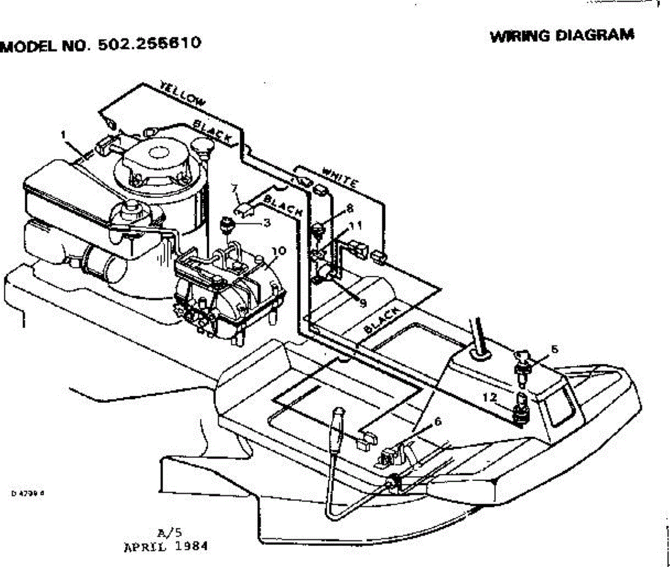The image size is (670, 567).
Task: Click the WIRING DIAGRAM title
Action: tap(562, 36)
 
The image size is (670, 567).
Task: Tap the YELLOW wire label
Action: tap(182, 93)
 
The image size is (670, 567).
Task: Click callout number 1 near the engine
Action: tap(64, 134)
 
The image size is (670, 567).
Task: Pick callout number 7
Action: tap(235, 189)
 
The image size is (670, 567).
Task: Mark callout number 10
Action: tap(279, 252)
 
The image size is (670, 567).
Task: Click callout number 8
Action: tap(350, 208)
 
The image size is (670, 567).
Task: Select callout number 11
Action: tap(355, 225)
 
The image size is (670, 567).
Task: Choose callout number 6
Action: tap(437, 422)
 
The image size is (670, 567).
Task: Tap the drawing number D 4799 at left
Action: tap(27, 493)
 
